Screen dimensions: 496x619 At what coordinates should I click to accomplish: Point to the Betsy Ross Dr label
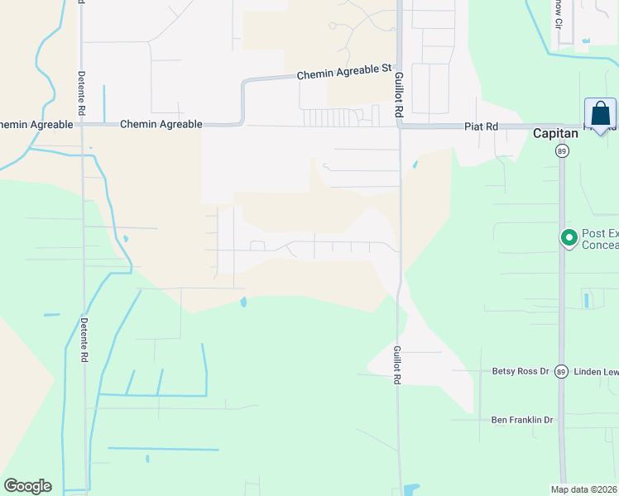point(521,371)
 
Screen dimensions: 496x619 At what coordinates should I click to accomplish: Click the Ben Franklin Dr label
point(521,420)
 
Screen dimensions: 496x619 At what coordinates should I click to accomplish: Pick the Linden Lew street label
point(596,371)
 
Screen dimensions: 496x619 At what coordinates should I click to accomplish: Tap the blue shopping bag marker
point(600,114)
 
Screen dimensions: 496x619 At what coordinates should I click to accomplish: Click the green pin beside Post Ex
point(569,238)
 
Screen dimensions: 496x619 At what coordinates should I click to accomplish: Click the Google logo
point(27,486)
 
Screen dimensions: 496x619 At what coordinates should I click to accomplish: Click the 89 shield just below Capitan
point(561,151)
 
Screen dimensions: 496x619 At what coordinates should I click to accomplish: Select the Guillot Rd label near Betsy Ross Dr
point(397,365)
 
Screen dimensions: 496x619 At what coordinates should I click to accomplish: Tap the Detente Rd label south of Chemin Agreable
point(84,340)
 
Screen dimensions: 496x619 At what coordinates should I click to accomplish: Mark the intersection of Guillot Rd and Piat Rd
point(399,126)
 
